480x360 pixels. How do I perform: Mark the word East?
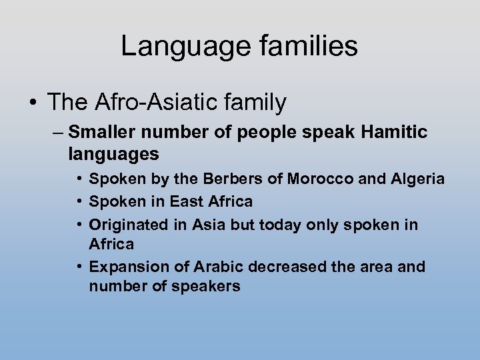tap(189, 201)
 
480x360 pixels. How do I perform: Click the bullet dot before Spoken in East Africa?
tap(79, 201)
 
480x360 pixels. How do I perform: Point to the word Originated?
tap(129, 225)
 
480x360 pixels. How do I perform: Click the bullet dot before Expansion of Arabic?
tap(79, 267)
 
